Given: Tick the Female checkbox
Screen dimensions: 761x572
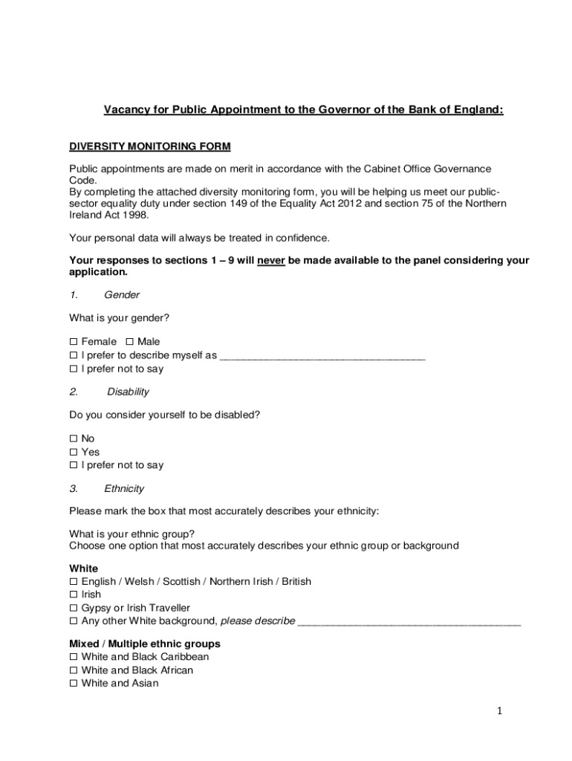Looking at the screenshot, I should pos(74,342).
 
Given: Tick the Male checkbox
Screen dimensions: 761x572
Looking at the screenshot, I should pos(130,342).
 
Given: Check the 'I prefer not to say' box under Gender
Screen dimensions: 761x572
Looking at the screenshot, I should pos(74,369).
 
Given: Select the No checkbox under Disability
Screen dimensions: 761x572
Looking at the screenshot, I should pos(74,438).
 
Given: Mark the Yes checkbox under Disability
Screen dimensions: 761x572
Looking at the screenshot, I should pos(74,452).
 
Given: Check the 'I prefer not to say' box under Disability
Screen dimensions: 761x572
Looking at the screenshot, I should pos(74,465).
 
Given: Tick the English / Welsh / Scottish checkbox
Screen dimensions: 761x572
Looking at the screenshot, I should pos(74,581).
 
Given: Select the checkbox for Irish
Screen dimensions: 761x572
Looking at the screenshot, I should pos(74,595).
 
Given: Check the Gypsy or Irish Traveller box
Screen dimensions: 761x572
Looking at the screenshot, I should pos(74,608).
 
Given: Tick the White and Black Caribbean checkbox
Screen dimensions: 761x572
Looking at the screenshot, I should pos(74,657).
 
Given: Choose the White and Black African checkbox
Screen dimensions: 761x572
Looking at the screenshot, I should pos(74,670).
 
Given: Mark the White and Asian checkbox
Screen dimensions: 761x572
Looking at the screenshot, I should pos(74,684).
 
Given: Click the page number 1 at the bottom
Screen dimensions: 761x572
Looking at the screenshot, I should pos(500,711).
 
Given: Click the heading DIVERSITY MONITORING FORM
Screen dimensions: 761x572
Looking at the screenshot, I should pos(150,146).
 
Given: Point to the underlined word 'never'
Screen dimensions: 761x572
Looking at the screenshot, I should pos(271,260).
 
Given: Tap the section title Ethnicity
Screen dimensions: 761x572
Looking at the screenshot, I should pos(124,489).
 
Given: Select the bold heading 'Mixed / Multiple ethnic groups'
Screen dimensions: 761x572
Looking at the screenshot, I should pos(145,644).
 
